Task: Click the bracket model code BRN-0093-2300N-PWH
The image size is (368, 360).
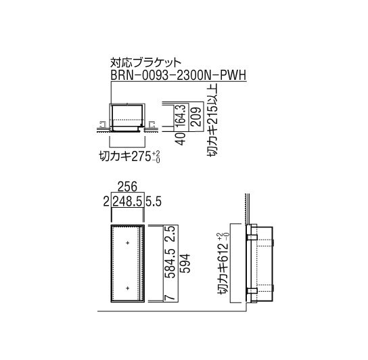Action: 179,75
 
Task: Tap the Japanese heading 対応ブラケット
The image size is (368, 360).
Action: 145,62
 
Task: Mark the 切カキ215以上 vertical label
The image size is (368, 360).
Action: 212,120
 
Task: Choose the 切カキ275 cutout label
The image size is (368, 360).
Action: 125,156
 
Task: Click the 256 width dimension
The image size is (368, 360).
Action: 127,187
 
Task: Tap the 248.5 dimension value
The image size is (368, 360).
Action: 127,202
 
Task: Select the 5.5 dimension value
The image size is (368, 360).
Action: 154,202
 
